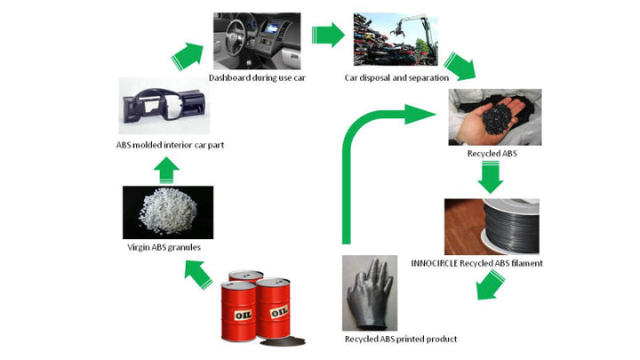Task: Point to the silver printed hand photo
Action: (x=370, y=292)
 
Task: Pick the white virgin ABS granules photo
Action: (x=167, y=208)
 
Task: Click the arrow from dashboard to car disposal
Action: (x=328, y=36)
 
